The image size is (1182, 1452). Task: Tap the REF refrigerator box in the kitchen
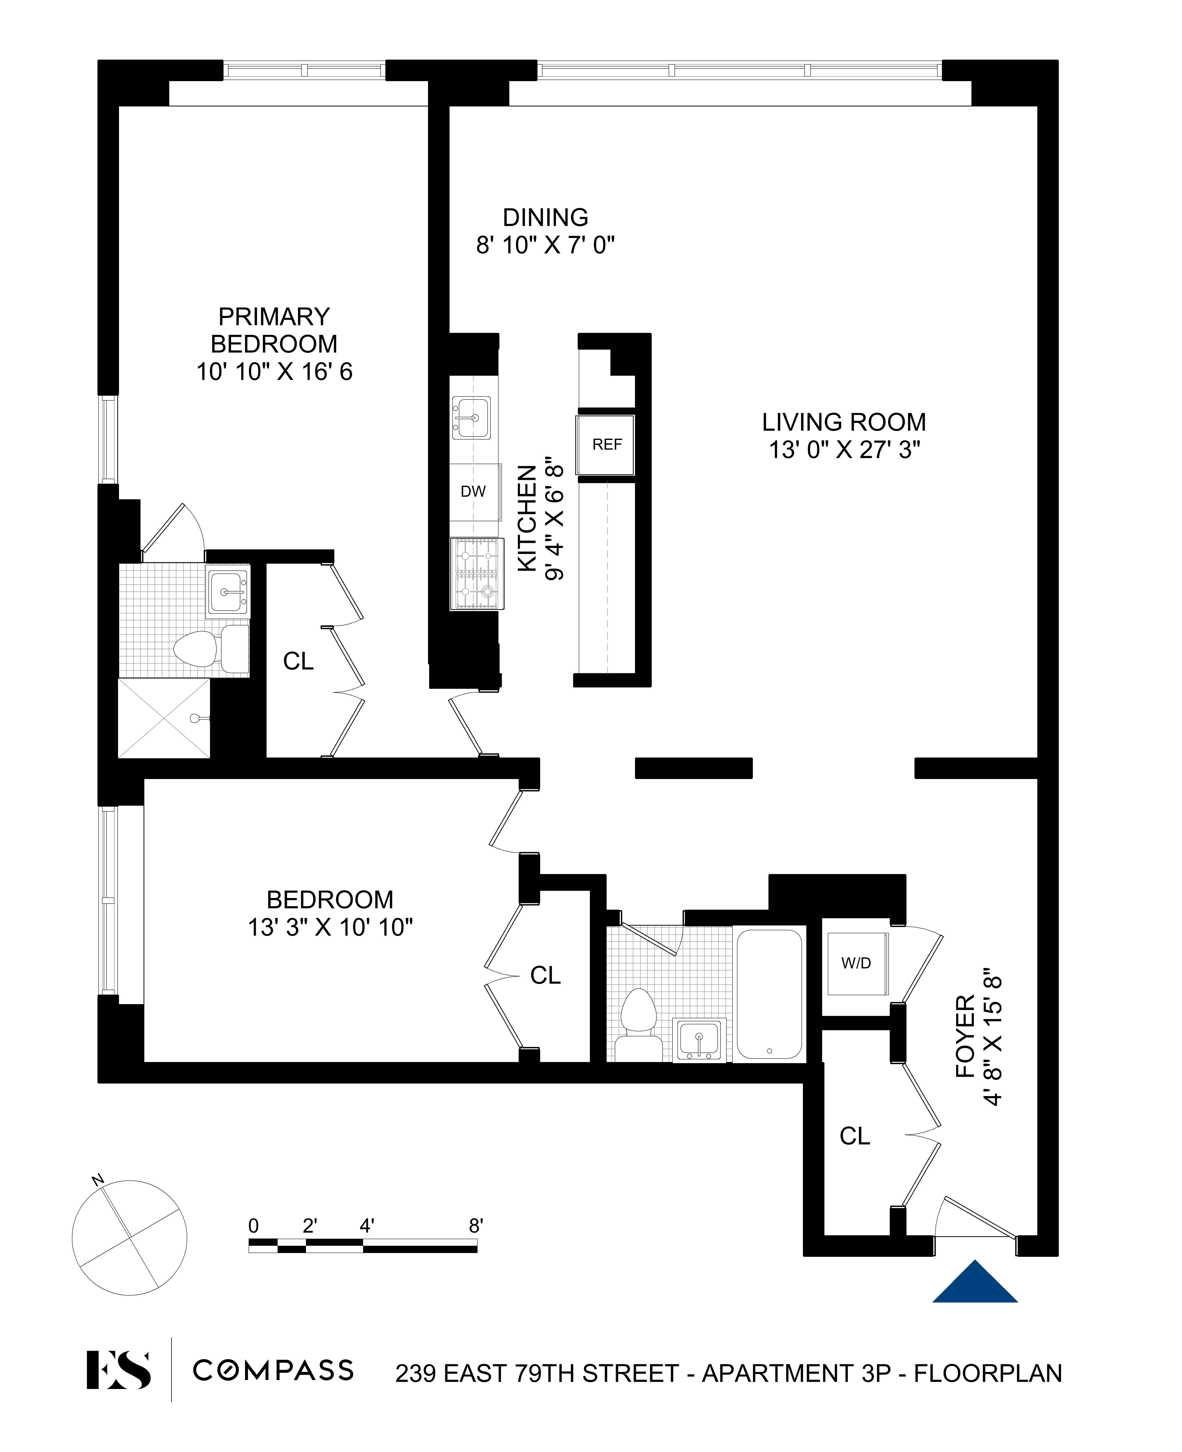click(606, 445)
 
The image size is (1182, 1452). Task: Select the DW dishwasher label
click(473, 491)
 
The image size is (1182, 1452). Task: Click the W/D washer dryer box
click(857, 963)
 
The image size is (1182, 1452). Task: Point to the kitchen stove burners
click(477, 573)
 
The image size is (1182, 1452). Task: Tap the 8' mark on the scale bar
click(476, 1226)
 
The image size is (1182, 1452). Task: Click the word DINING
click(545, 217)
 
